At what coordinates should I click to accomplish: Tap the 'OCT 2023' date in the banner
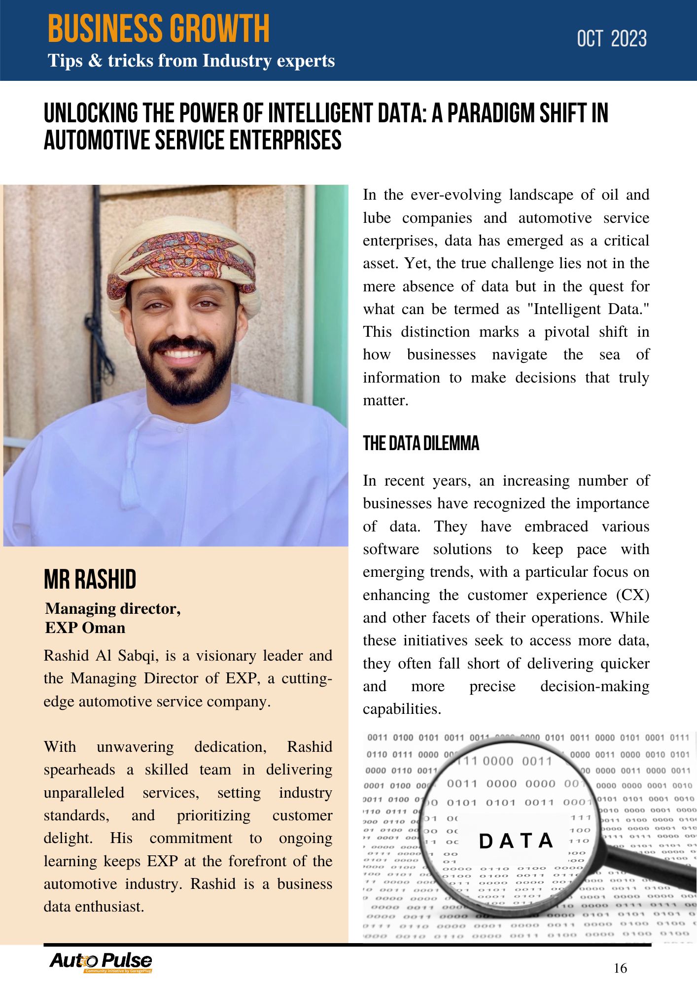point(611,39)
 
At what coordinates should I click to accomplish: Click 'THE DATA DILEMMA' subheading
point(421,443)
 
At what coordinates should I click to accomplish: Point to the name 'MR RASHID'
point(90,579)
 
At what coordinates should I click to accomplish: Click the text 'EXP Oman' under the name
point(85,628)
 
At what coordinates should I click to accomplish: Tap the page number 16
point(620,968)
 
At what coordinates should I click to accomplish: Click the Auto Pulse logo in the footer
point(101,961)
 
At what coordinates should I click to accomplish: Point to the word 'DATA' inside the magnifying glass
point(516,841)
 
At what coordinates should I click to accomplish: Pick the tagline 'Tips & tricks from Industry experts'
point(191,61)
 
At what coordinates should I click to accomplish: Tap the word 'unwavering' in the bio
point(135,747)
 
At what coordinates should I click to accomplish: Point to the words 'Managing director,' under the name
point(113,609)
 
